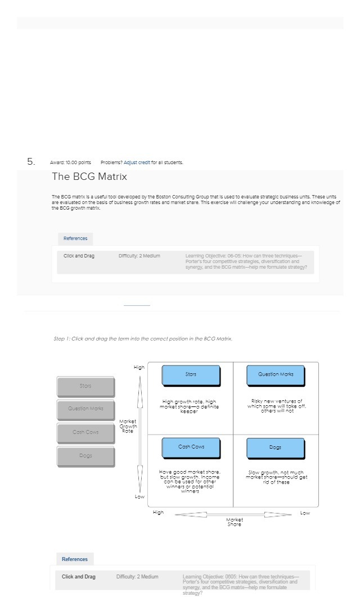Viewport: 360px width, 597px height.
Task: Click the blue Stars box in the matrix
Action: pos(191,375)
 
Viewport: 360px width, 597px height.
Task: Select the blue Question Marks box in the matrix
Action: pos(276,375)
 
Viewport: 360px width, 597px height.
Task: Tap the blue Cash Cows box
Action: pos(191,447)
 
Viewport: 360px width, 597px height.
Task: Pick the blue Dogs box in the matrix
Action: pos(276,448)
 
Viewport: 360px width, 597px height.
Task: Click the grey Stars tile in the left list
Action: pos(85,387)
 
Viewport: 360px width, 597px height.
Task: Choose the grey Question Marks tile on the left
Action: pos(85,410)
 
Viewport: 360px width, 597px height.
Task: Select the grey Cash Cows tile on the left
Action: pos(85,433)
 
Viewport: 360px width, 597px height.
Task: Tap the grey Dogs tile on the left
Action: pos(85,456)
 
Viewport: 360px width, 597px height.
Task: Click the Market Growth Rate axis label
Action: pos(128,426)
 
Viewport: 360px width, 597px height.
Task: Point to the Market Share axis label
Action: pos(234,522)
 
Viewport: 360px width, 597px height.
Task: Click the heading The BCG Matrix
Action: pos(89,177)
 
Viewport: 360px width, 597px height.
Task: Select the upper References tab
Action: pos(75,238)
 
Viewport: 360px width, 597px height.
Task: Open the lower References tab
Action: pos(75,559)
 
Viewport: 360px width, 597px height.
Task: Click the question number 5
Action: pos(31,162)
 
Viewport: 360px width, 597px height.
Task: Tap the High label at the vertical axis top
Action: pos(139,367)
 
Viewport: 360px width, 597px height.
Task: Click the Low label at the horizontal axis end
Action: pos(305,513)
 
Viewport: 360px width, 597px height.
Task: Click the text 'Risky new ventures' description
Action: pos(276,406)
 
